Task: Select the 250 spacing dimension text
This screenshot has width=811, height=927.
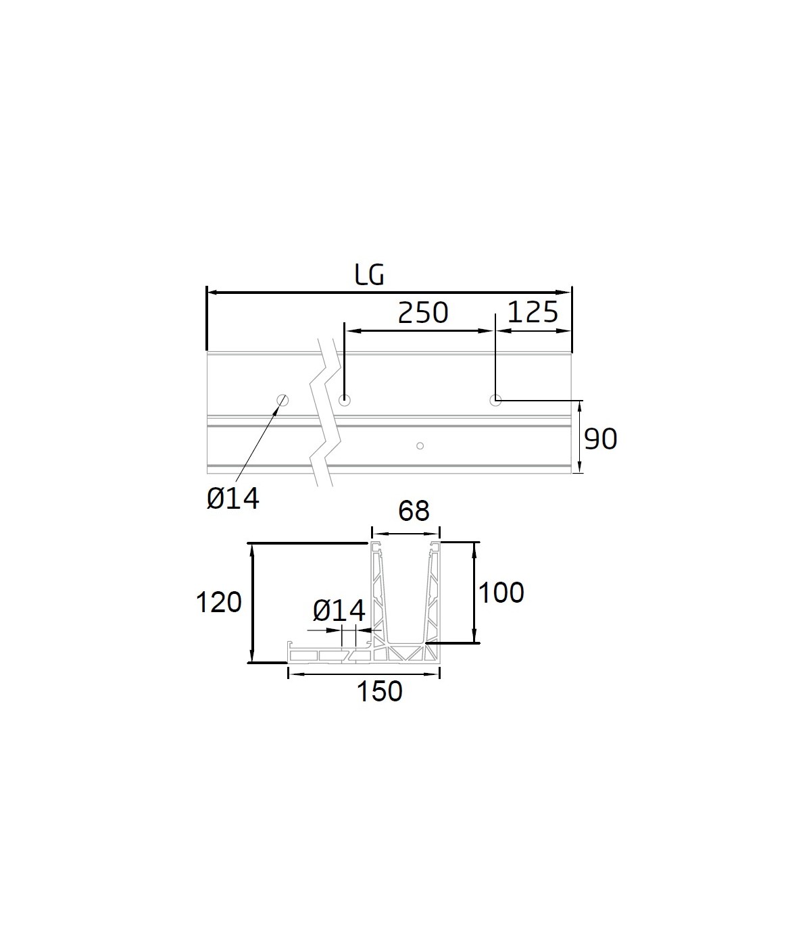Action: [423, 313]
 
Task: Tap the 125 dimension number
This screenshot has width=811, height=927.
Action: [533, 312]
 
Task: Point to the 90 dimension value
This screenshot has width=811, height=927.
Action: [600, 439]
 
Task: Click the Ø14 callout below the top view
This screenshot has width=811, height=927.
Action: [233, 498]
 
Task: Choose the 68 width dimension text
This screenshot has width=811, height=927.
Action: [414, 511]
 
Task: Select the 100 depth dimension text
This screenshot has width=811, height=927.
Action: [501, 593]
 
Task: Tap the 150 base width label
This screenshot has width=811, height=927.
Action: [380, 691]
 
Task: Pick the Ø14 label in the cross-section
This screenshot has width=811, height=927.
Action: [339, 611]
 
